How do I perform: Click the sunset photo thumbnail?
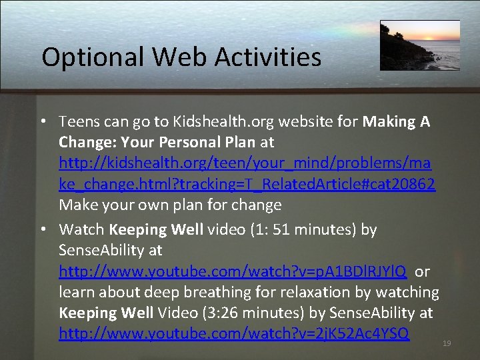[x=419, y=45]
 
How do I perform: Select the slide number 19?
[x=447, y=343]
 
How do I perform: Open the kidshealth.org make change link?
[x=247, y=163]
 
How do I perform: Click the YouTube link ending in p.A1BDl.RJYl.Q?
[x=233, y=271]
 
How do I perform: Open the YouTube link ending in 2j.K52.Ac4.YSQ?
[x=234, y=333]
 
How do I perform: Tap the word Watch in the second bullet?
[x=81, y=230]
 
